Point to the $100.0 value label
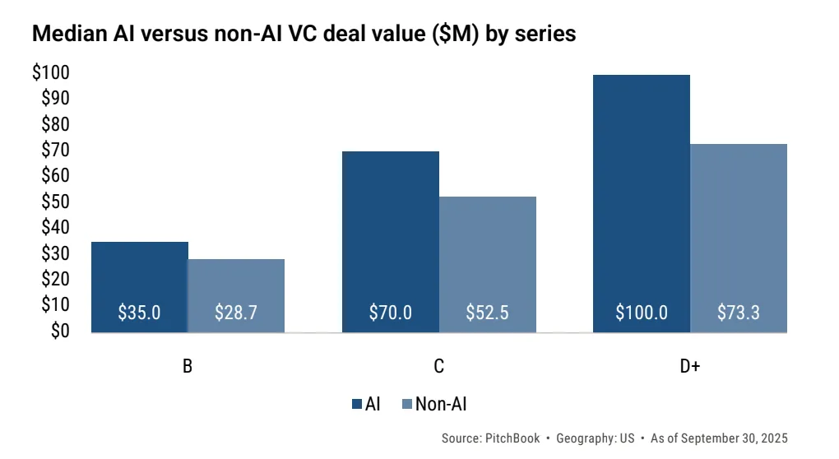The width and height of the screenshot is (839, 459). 642,313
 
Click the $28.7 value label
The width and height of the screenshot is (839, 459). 237,313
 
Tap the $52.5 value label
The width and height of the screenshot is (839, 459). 488,313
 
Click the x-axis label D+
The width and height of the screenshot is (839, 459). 689,367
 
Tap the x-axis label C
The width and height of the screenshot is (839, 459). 439,367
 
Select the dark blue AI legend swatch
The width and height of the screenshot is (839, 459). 357,404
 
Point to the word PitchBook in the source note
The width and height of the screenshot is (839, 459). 511,438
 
